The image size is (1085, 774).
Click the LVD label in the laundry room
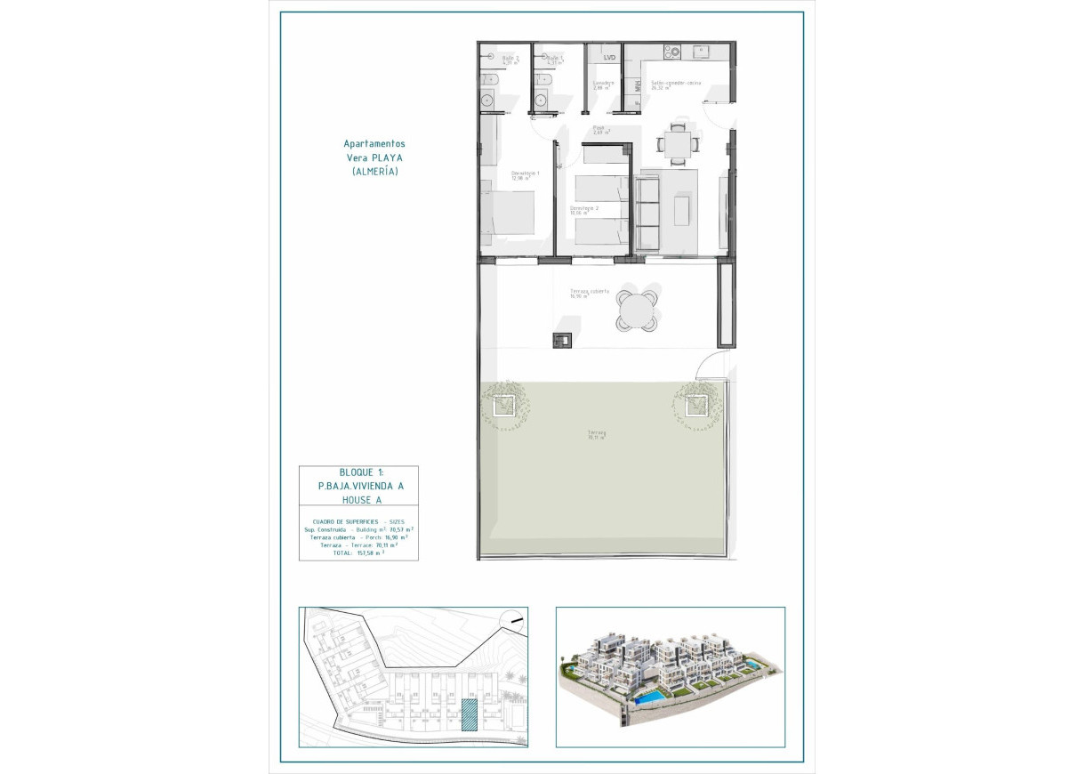(609, 58)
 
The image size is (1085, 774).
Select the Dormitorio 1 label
(525, 173)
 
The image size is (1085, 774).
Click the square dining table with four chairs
(679, 142)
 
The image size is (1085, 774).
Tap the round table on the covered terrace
(638, 311)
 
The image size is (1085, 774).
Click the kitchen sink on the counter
(702, 52)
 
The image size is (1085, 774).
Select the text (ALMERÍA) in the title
(374, 171)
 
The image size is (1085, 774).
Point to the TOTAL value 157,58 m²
(370, 552)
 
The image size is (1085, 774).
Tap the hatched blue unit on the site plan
(469, 714)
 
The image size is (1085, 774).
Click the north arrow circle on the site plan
(512, 623)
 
